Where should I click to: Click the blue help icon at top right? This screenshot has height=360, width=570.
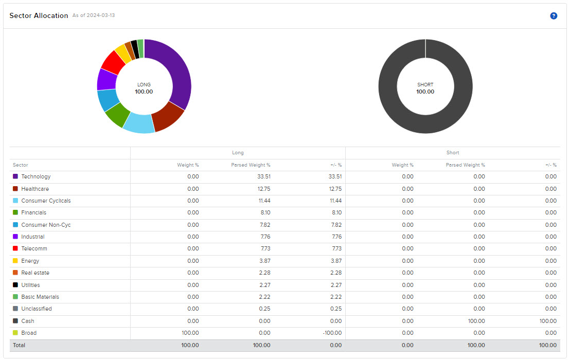(554, 16)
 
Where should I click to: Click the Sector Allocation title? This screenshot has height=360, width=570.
(39, 16)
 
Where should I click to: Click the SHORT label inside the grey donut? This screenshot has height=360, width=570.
(425, 85)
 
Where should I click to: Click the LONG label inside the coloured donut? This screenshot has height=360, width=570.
(144, 85)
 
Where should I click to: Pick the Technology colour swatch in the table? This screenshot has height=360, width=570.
(15, 177)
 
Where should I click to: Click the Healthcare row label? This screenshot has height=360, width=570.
(35, 189)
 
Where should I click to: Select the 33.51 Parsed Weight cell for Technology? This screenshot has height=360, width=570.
(263, 177)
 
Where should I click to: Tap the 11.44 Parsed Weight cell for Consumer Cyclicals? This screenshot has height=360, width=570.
(263, 201)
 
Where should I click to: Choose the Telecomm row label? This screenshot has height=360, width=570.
(34, 249)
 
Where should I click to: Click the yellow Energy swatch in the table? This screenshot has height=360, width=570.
(15, 261)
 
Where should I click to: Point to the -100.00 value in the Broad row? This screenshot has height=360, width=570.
(332, 333)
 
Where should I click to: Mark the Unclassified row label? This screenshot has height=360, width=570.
(37, 309)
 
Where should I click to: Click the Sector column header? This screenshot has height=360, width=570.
(21, 165)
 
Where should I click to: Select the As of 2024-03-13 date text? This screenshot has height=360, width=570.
(94, 15)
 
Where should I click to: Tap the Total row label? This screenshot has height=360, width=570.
(19, 345)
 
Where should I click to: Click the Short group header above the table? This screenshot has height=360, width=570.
(453, 153)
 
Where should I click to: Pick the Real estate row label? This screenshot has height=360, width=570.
(35, 273)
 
